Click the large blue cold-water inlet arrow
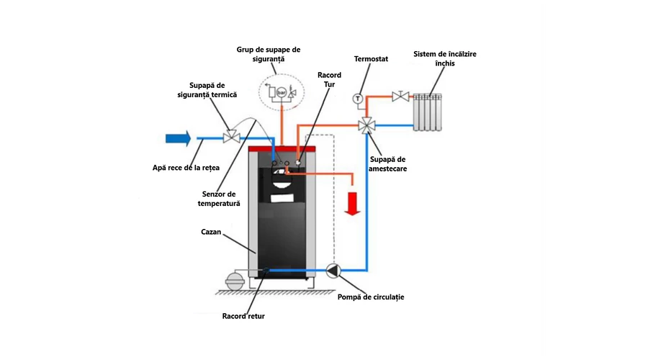(x=177, y=137)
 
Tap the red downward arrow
(x=352, y=202)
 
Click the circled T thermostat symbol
(x=356, y=98)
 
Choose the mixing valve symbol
(x=367, y=126)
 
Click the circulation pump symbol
(x=333, y=271)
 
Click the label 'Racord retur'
(x=243, y=315)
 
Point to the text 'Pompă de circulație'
(x=371, y=297)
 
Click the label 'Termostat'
(x=372, y=58)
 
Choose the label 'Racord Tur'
(x=329, y=80)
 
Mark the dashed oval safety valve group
(x=282, y=92)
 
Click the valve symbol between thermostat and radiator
(x=396, y=96)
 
